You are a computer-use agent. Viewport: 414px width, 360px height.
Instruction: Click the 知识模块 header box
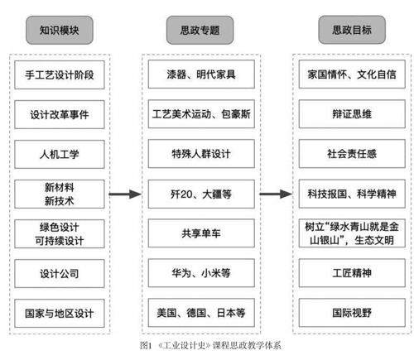click(60, 30)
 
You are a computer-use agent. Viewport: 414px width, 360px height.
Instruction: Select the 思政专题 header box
click(200, 30)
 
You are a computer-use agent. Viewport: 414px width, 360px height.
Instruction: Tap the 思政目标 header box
click(352, 30)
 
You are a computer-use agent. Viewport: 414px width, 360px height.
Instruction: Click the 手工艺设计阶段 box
click(60, 74)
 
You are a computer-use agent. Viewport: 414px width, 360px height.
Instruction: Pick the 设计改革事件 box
click(60, 114)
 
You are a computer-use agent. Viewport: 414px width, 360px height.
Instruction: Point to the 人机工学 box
click(60, 154)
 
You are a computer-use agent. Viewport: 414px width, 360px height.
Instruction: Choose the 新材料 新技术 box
click(60, 194)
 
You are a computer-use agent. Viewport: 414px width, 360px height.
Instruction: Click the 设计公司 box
click(60, 273)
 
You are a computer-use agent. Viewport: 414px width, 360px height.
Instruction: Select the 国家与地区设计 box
click(60, 313)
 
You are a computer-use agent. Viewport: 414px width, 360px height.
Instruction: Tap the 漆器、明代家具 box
click(201, 74)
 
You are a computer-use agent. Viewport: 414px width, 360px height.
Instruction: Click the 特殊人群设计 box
click(201, 154)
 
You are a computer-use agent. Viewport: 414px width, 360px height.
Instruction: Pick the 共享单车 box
click(201, 233)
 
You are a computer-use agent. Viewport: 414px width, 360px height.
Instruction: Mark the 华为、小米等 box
click(201, 273)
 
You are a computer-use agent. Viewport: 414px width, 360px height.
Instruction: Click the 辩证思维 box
click(352, 114)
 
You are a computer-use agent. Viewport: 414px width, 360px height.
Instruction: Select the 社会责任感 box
click(352, 154)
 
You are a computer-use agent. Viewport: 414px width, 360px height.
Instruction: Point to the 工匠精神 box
click(352, 273)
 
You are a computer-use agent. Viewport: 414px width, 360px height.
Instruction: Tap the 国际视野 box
click(352, 313)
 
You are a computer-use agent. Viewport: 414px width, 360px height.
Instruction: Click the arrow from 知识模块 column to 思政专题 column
click(125, 194)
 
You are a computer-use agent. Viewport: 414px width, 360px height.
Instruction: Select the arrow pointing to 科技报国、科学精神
click(276, 194)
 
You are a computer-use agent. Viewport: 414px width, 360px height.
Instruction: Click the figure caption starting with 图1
click(210, 345)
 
